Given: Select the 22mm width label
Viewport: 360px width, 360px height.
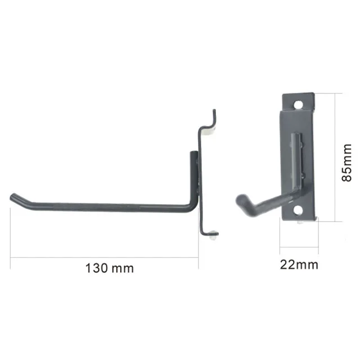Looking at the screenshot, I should click(x=299, y=264).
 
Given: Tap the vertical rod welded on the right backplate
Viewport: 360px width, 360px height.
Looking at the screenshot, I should click(x=295, y=160).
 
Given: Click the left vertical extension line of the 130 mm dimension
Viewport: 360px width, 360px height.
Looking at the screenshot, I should click(x=10, y=231).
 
